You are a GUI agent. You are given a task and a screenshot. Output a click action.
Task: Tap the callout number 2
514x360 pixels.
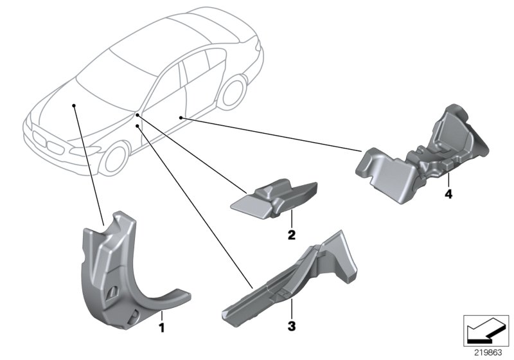(x=291, y=235)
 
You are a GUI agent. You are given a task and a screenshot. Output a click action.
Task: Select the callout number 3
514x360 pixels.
(x=291, y=327)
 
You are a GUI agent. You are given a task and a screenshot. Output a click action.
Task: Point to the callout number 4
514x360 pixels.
(x=448, y=194)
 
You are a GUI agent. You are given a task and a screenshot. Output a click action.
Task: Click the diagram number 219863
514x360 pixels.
(x=488, y=352)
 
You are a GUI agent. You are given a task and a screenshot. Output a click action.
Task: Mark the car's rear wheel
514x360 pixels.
(x=232, y=92)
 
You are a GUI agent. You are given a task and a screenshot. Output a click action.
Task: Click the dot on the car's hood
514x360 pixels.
(x=75, y=103)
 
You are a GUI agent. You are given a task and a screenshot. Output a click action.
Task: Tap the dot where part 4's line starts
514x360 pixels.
(x=182, y=118)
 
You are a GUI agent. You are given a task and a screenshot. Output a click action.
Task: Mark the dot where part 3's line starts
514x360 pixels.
(x=139, y=127)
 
